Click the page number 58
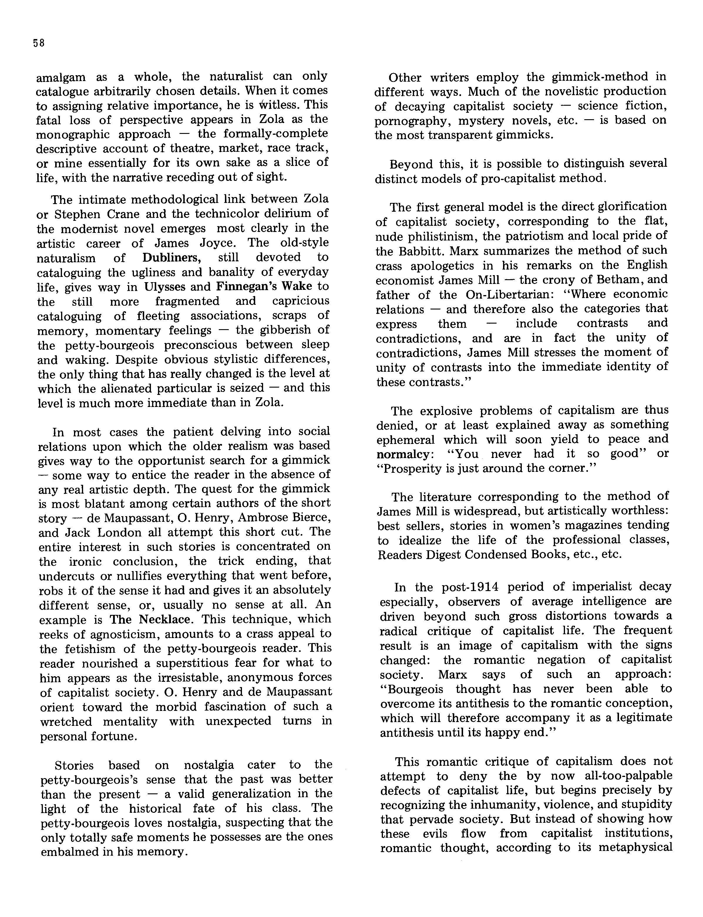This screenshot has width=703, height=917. (x=38, y=43)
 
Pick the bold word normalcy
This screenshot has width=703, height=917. (x=403, y=454)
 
